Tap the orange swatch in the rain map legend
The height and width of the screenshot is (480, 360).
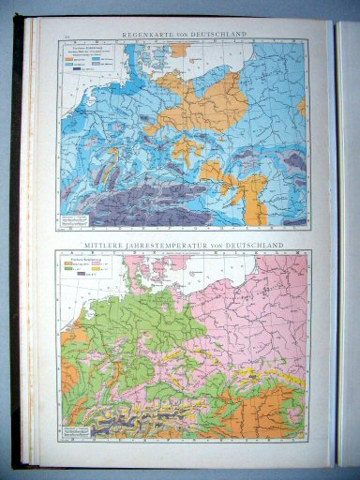pos(67,59)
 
